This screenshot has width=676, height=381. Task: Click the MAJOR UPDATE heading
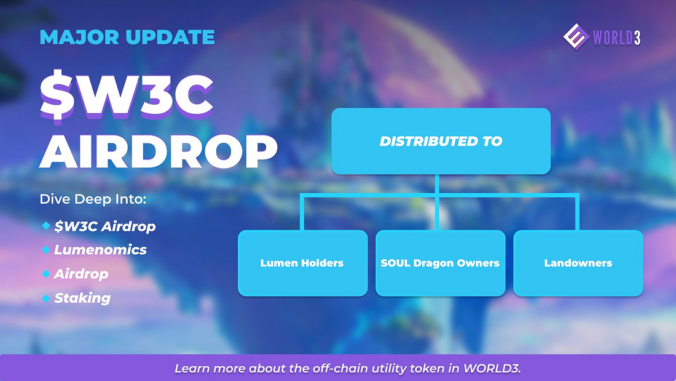tap(127, 37)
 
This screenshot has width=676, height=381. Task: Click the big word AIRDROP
tap(158, 151)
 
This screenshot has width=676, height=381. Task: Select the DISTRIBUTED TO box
tap(441, 141)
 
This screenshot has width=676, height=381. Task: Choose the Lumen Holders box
tap(302, 263)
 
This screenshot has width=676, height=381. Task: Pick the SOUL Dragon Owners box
tap(440, 263)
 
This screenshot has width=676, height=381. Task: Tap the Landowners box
tap(578, 263)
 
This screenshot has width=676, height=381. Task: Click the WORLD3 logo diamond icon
tap(576, 37)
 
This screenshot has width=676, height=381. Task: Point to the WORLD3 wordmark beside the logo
tap(616, 38)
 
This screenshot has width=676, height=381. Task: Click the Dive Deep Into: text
tap(93, 199)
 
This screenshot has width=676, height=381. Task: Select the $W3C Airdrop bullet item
tap(104, 227)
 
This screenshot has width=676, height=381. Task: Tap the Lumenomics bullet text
tap(100, 250)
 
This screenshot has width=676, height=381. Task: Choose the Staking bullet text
tap(82, 298)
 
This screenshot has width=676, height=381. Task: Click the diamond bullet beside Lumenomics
tap(46, 250)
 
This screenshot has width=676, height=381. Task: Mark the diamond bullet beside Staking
tap(46, 298)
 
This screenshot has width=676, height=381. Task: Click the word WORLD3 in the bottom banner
tap(492, 369)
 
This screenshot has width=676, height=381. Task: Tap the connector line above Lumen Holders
tap(302, 212)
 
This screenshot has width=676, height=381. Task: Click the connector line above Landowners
tap(577, 212)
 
